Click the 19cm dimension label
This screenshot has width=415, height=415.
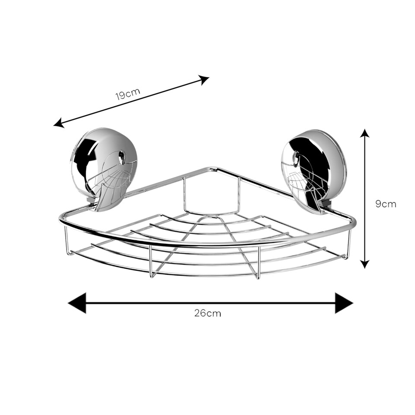[x=128, y=94]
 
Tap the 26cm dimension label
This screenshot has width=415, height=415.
[x=207, y=313]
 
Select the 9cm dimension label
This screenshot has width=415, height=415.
[x=386, y=204]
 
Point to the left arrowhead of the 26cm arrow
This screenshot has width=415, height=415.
[x=77, y=303]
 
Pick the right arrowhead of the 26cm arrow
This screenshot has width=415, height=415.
[x=344, y=303]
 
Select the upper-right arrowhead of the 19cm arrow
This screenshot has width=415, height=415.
[x=204, y=80]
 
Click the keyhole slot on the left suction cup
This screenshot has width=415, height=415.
[x=121, y=156]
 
